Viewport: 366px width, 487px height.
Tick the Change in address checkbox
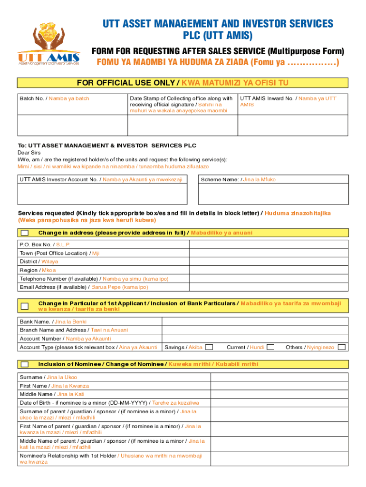pyautogui.click(x=25, y=233)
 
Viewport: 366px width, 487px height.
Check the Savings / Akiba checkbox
pyautogui.click(x=209, y=347)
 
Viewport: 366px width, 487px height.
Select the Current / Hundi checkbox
pyautogui.click(x=270, y=347)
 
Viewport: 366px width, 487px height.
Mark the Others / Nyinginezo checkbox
pyautogui.click(x=341, y=347)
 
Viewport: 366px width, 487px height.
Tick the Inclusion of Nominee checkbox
pyautogui.click(x=25, y=364)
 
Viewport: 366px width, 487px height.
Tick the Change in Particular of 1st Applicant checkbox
pyautogui.click(x=25, y=306)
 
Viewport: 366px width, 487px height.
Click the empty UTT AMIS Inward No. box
pyautogui.click(x=292, y=126)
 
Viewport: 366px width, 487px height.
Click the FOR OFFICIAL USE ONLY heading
pyautogui.click(x=183, y=83)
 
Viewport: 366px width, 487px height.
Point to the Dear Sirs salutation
pyautogui.click(x=29, y=153)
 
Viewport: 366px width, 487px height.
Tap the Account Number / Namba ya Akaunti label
pyautogui.click(x=65, y=339)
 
